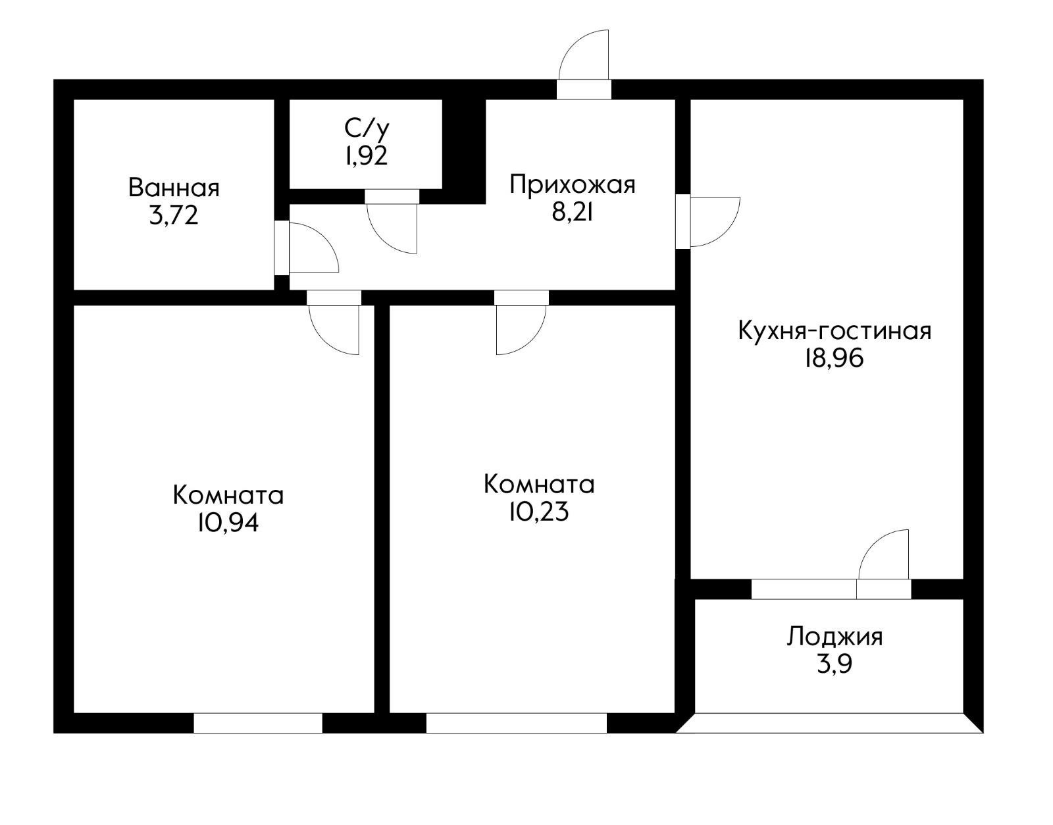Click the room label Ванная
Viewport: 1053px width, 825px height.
(x=174, y=188)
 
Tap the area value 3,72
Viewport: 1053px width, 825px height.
(x=174, y=215)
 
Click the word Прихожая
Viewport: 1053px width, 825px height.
(x=573, y=184)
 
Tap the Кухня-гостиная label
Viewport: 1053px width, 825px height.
(x=835, y=330)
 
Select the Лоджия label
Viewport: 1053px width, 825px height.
(x=835, y=637)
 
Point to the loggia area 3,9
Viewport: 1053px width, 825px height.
(x=834, y=664)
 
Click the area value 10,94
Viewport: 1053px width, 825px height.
(x=227, y=522)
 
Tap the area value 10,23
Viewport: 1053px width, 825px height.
(x=538, y=512)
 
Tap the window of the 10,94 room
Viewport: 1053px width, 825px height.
(x=257, y=723)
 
